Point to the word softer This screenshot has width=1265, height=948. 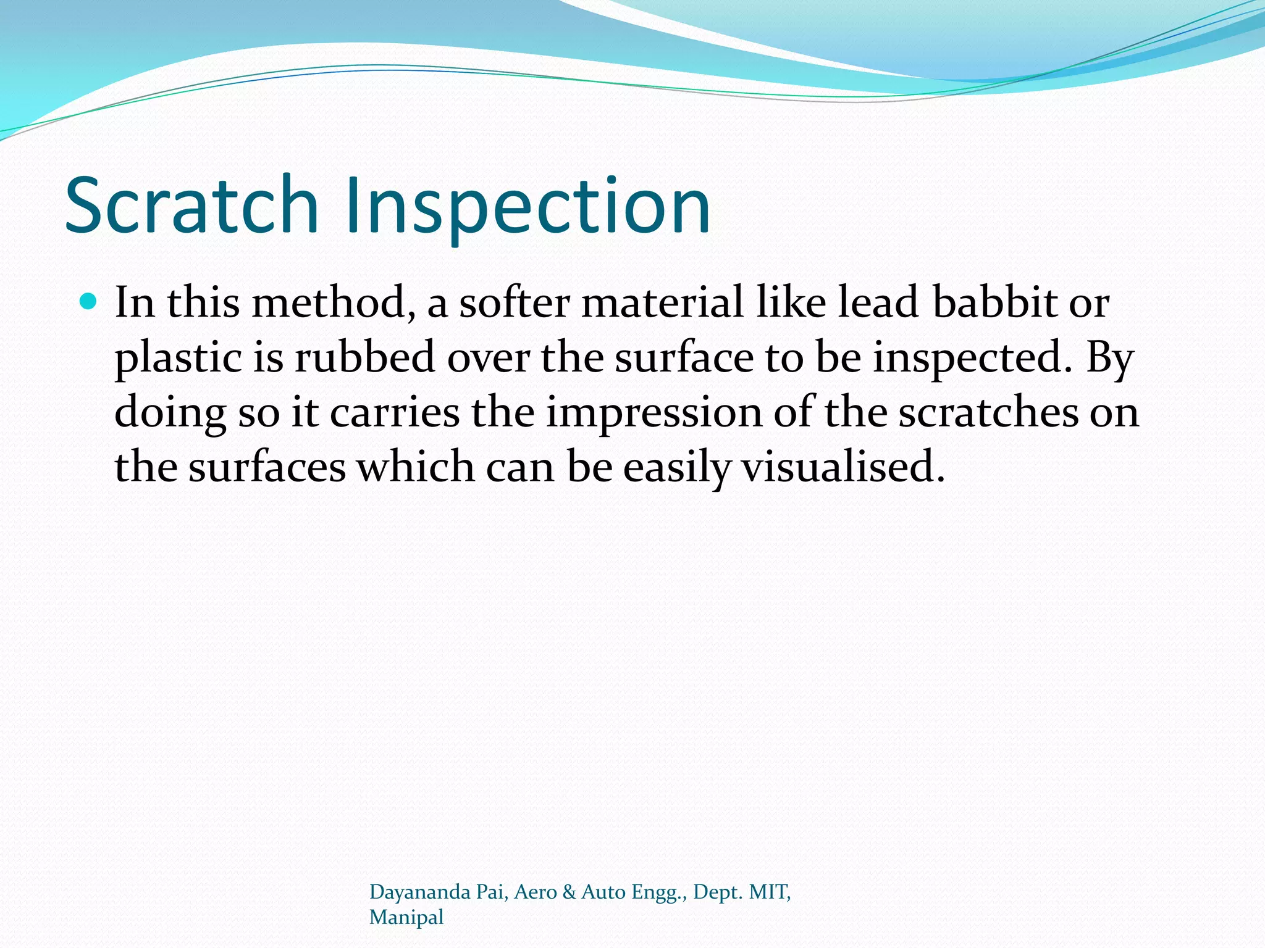point(514,303)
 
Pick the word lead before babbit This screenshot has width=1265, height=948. point(878,303)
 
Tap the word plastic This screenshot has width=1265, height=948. point(178,359)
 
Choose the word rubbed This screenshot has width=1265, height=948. point(364,358)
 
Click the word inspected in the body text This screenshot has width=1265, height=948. point(972,359)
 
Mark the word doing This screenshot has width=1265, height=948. point(170,413)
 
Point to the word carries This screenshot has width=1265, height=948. point(395,413)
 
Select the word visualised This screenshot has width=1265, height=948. point(843,467)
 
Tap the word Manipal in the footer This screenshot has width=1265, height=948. point(406,918)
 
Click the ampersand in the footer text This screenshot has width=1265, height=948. point(569,892)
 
